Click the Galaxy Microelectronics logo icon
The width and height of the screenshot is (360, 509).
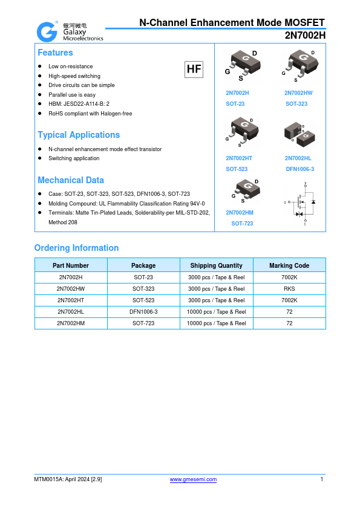(46, 31)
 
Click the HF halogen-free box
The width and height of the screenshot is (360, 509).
(194, 70)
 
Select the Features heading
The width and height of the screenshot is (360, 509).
(55, 53)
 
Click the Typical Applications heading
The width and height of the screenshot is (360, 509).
(79, 135)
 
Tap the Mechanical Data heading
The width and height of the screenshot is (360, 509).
(71, 180)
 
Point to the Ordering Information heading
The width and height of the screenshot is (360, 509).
(76, 248)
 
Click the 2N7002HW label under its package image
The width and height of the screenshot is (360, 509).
(298, 93)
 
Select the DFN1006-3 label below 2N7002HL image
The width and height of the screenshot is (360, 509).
(299, 169)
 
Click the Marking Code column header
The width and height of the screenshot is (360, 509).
(289, 265)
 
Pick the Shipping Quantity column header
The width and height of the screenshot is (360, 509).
(216, 265)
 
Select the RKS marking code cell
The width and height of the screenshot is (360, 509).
(289, 289)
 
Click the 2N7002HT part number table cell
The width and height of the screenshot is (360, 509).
(71, 300)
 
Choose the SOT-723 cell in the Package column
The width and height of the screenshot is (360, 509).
(143, 323)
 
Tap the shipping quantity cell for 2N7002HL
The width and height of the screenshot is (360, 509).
(216, 312)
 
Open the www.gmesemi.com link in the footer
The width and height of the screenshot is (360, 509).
(193, 479)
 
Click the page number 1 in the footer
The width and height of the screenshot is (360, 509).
(322, 479)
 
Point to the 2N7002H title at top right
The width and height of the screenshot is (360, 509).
(305, 35)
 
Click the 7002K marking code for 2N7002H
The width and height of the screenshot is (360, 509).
(289, 277)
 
